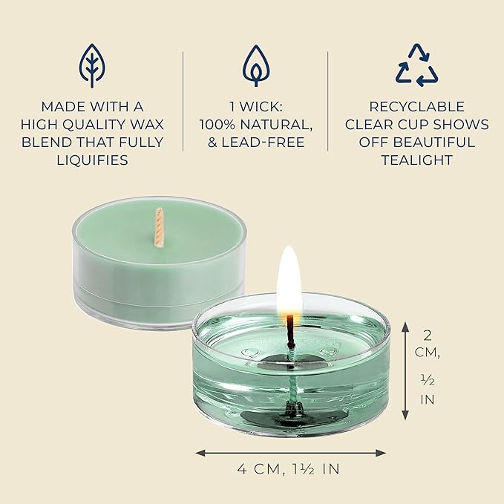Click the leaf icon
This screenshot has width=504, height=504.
93,65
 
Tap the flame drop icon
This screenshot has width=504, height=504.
256,65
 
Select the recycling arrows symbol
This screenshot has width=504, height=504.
417,65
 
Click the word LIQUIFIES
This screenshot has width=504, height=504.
93,160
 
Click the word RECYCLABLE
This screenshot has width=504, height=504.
417,107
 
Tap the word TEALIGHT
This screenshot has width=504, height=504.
417,160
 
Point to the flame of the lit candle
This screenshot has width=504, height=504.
289,280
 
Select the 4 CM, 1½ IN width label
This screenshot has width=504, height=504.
288,469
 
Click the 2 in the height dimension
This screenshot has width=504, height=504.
428,336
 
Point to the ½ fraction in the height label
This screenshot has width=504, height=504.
428,380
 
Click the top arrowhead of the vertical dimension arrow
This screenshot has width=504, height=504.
405,327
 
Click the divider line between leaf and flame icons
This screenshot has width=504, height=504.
183,101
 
